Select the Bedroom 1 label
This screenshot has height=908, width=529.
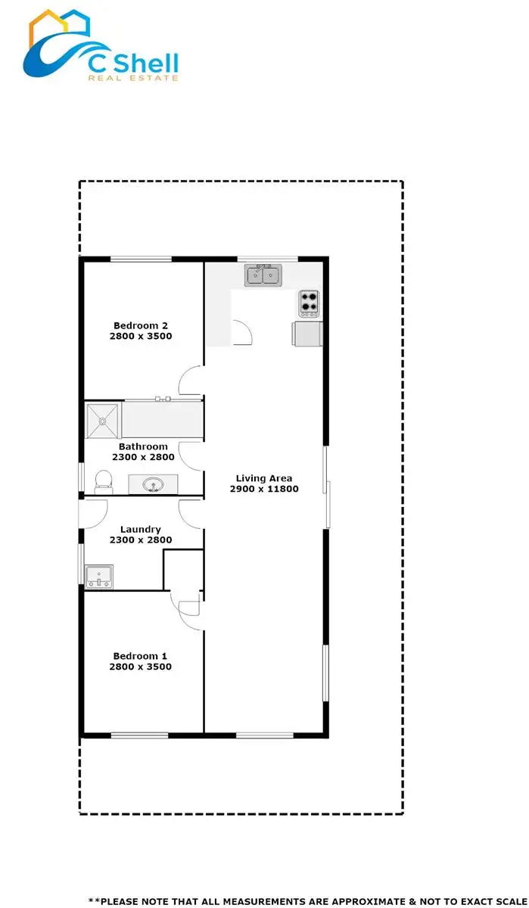[140, 655]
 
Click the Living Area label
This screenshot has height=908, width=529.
[263, 478]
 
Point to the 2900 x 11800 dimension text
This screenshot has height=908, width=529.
[264, 489]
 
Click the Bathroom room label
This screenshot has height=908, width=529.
[143, 446]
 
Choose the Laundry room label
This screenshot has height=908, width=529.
[141, 529]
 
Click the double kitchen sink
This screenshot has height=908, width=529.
[263, 275]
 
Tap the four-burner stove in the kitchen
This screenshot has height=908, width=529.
[309, 303]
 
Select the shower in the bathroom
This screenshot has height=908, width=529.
[103, 421]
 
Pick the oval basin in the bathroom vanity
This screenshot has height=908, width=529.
[154, 484]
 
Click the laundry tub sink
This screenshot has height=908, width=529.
[99, 576]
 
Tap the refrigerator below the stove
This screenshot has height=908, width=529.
[307, 333]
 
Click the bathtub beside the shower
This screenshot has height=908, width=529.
[162, 418]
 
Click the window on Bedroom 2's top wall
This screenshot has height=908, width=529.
[141, 260]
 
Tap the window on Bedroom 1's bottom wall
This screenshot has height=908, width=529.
[140, 735]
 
